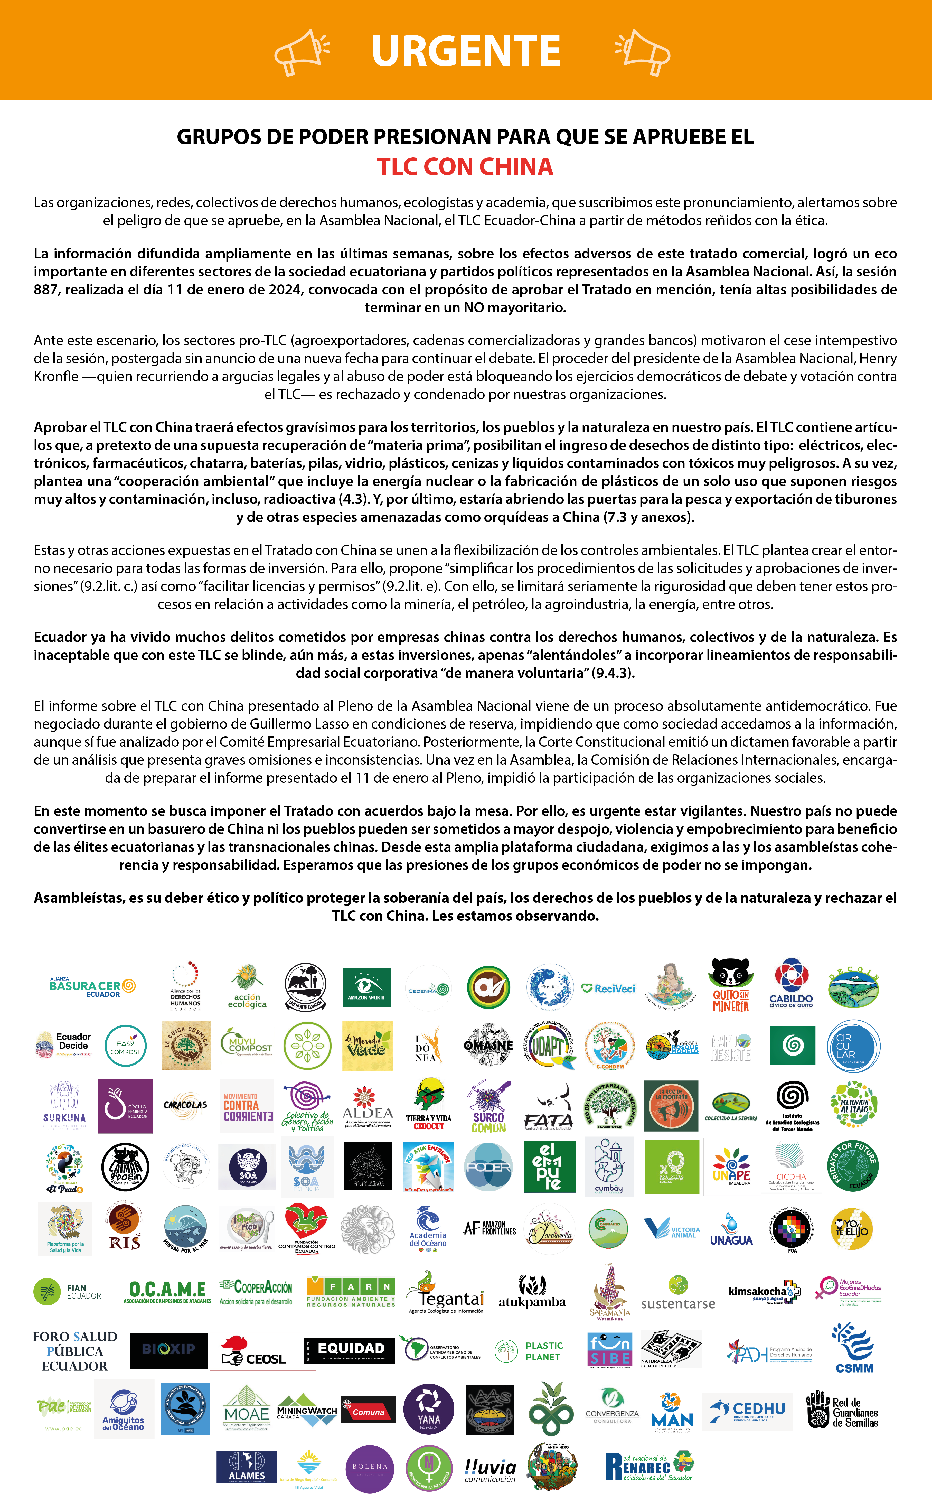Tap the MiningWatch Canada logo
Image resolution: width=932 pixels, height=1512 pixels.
306,1412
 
